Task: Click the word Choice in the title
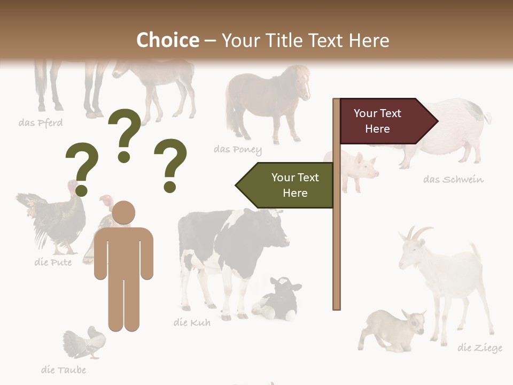tap(167, 40)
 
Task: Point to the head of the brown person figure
tap(124, 213)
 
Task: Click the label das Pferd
tap(41, 123)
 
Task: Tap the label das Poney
tap(238, 149)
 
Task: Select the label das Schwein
tap(453, 179)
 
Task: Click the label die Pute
tap(52, 262)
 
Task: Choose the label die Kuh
tap(192, 322)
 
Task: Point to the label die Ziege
tap(479, 348)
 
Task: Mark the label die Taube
tap(63, 369)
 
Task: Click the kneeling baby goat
tap(393, 329)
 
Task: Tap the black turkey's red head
tap(74, 187)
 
